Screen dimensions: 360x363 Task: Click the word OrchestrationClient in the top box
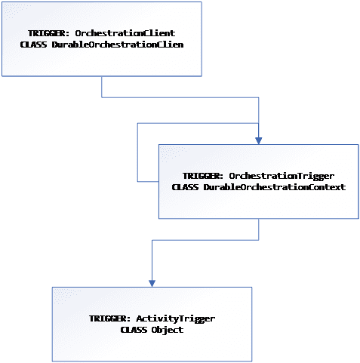[125, 33]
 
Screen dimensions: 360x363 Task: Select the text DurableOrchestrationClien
[118, 45]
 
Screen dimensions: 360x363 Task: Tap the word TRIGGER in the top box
[47, 33]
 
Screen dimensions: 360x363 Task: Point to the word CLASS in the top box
[33, 45]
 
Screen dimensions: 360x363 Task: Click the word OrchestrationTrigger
[282, 176]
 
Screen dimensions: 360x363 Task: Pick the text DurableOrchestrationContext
[275, 187]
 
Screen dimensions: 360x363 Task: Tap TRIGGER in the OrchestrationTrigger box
[201, 176]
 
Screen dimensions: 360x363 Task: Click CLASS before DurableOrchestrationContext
[185, 187]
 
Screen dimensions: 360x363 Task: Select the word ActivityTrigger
[176, 318]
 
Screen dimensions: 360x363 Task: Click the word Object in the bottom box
[168, 330]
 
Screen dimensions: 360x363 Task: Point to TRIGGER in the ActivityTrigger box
[108, 318]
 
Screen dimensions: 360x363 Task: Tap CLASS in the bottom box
[134, 330]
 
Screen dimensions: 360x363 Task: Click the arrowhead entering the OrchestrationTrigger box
[259, 141]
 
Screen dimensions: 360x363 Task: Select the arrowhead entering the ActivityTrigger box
[152, 284]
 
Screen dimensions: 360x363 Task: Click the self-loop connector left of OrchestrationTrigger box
[137, 152]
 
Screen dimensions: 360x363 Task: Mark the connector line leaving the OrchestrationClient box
[180, 97]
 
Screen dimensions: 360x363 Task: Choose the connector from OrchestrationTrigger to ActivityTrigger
[205, 240]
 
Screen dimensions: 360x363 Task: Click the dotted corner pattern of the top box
[15, 11]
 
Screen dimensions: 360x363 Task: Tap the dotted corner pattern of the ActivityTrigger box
[66, 296]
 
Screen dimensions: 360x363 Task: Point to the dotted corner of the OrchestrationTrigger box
[174, 153]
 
